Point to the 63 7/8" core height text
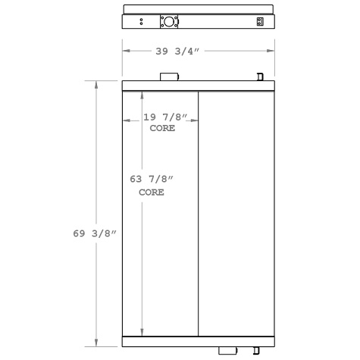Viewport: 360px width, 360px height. [152, 179]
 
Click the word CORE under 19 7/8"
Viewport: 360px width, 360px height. [162, 128]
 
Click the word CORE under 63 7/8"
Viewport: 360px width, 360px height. [152, 193]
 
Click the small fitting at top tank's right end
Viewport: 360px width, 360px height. [260, 77]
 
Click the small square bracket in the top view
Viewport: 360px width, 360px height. [260, 22]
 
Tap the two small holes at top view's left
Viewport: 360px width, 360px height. [141, 22]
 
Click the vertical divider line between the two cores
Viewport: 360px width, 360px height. [198, 212]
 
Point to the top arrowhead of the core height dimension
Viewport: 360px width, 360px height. [142, 94]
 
